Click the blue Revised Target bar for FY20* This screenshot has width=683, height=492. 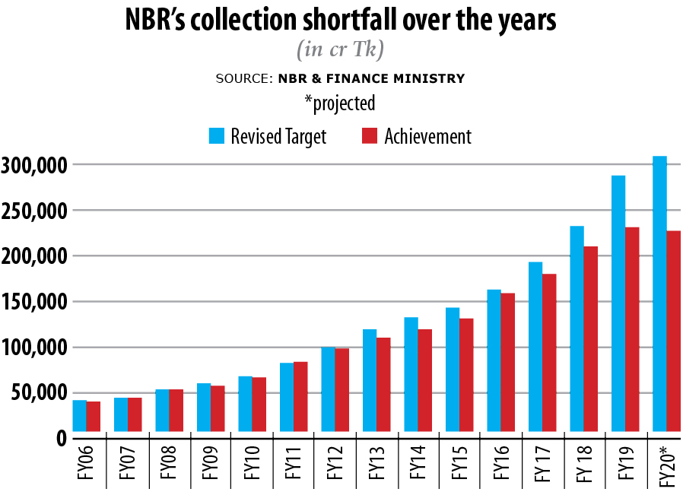point(660,297)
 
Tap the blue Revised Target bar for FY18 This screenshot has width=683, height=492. point(577,332)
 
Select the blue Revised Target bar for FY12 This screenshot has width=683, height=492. point(329,392)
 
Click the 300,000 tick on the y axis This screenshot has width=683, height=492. point(35,165)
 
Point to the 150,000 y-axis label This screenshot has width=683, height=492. point(35,302)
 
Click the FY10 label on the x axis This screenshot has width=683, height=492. point(252,466)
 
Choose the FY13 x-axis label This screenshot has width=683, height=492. point(376,466)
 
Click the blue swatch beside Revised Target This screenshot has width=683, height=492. point(217,136)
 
